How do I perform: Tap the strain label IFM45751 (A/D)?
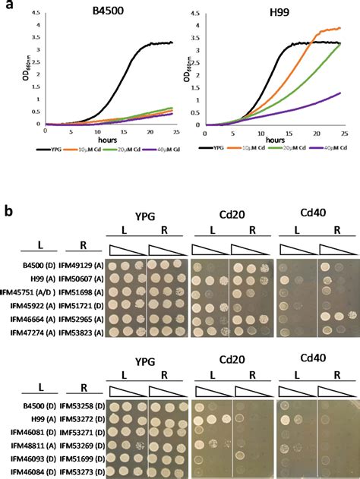[27, 293]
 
